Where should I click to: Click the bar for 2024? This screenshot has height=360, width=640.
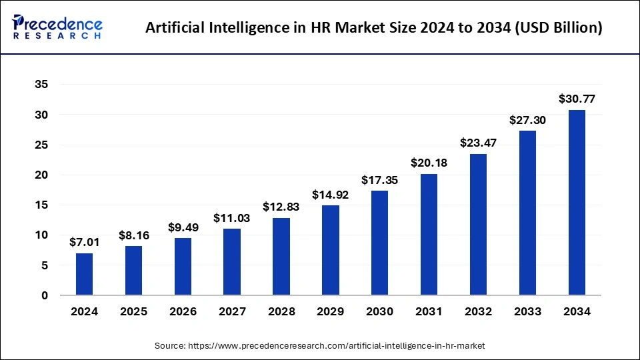pyautogui.click(x=84, y=274)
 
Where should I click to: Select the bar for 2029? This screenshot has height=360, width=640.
pyautogui.click(x=330, y=250)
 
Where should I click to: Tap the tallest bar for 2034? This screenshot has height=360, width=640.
pyautogui.click(x=576, y=202)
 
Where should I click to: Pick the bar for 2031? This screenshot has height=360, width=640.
pyautogui.click(x=429, y=234)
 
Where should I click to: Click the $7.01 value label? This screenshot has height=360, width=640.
pyautogui.click(x=84, y=242)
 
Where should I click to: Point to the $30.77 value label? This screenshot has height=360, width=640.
pyautogui.click(x=576, y=99)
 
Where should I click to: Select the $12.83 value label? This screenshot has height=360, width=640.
pyautogui.click(x=281, y=207)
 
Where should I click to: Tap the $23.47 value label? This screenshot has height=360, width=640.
pyautogui.click(x=478, y=143)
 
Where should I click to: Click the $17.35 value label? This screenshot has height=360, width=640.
pyautogui.click(x=379, y=179)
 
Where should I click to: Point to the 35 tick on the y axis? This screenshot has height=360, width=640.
pyautogui.click(x=41, y=85)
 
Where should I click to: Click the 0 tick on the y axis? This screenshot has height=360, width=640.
pyautogui.click(x=44, y=295)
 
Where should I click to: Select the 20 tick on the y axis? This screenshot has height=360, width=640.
pyautogui.click(x=41, y=175)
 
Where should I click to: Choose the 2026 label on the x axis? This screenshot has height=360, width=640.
pyautogui.click(x=183, y=311)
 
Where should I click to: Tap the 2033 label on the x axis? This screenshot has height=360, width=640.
pyautogui.click(x=527, y=311)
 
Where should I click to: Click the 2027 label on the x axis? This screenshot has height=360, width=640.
pyautogui.click(x=232, y=311)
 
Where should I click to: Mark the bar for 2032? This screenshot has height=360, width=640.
pyautogui.click(x=478, y=224)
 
